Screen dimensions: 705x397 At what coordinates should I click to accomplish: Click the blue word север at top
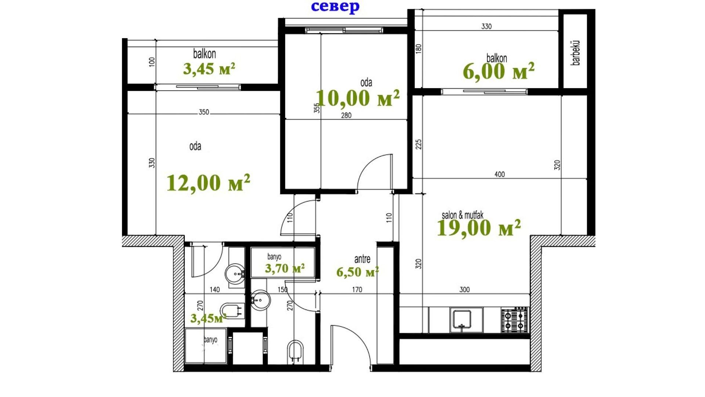335,7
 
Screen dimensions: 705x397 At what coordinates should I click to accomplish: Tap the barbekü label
576,53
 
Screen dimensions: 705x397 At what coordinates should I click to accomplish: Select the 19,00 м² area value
479,228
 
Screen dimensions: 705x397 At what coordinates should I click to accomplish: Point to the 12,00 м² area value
208,183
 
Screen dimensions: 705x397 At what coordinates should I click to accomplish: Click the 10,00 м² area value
358,98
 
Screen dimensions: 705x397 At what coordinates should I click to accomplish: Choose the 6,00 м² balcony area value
499,71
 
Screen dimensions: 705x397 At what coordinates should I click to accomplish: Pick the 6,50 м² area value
358,272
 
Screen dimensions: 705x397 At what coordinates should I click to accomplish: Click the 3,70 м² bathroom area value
285,268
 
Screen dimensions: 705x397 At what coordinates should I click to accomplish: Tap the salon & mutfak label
463,215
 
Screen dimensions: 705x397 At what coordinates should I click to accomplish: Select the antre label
362,259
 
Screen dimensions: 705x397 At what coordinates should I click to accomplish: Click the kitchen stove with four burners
515,320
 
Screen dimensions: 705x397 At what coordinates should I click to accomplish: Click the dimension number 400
500,174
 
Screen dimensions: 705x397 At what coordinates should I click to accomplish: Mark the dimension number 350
204,112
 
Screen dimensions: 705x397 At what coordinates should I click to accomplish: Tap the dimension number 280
346,115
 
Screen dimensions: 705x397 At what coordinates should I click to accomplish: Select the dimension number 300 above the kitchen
464,290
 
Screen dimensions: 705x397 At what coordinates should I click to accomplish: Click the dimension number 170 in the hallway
357,290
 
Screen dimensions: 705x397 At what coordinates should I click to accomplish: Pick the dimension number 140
214,290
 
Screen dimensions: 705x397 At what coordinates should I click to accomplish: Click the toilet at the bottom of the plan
295,352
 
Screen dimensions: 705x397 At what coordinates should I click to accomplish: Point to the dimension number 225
419,144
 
